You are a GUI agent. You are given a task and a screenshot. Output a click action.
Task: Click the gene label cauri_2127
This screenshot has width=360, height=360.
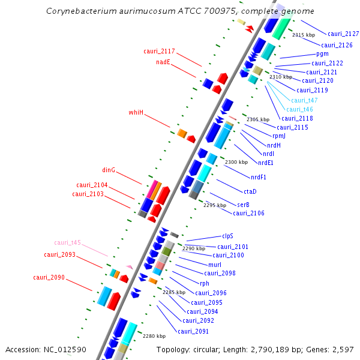pyautogui.click(x=343, y=34)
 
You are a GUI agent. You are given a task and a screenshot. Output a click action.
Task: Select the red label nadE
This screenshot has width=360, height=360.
pyautogui.click(x=164, y=62)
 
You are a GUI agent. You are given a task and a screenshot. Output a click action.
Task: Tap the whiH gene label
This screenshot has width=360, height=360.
pyautogui.click(x=136, y=112)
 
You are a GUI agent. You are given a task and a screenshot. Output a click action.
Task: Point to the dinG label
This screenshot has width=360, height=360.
pyautogui.click(x=109, y=170)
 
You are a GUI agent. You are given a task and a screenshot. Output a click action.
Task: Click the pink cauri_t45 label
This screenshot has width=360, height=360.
pyautogui.click(x=67, y=242)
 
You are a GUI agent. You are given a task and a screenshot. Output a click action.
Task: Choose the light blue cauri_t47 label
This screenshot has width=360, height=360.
pyautogui.click(x=304, y=100)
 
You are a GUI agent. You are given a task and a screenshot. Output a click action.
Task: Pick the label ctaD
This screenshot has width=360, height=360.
pyautogui.click(x=250, y=191)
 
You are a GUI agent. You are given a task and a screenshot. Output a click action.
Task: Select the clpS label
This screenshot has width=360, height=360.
pyautogui.click(x=227, y=236)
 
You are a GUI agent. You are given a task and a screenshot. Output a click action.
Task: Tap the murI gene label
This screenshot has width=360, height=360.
pyautogui.click(x=215, y=265)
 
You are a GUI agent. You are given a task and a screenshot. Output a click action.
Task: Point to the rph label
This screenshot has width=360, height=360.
pyautogui.click(x=205, y=283)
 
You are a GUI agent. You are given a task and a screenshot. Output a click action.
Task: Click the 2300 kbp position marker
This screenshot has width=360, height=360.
pyautogui.click(x=236, y=163)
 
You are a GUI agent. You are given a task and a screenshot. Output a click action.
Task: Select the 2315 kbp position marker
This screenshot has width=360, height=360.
pyautogui.click(x=303, y=35)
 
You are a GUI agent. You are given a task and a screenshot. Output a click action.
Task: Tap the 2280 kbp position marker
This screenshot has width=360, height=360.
pyautogui.click(x=154, y=336)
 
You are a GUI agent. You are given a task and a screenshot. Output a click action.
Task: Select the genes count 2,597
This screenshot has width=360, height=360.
pyautogui.click(x=343, y=349)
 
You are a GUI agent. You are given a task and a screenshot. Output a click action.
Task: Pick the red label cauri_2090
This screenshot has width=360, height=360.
pyautogui.click(x=49, y=277)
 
